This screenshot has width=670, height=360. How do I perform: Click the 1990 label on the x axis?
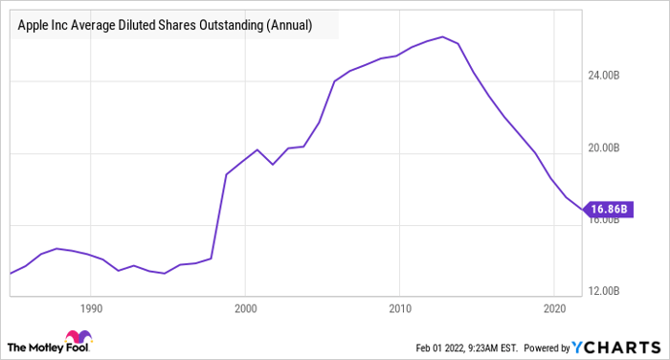91,309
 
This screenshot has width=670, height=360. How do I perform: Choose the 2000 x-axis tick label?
246,309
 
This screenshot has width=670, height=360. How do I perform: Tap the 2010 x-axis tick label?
401,309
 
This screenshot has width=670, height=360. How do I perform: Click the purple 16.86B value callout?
610,208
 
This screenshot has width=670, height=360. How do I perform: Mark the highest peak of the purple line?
442,36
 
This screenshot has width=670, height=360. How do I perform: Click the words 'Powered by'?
544,346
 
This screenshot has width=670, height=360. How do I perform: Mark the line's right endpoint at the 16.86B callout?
581,208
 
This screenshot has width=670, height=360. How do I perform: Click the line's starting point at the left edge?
11,274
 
